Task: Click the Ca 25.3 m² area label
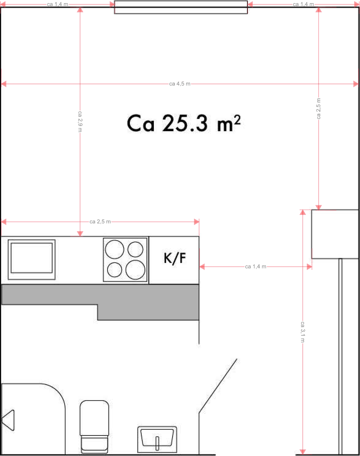coord(184,123)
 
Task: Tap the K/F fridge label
coord(175,258)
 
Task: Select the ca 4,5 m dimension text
coord(180,84)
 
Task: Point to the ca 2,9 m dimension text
coord(80,122)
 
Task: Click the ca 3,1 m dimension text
coord(303,332)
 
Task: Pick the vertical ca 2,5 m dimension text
coord(319,109)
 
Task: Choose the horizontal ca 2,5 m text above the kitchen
coord(100,222)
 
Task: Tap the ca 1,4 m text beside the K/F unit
coord(256,266)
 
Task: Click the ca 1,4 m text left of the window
coord(58,4)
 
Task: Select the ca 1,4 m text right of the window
coord(303,4)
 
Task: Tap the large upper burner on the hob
coord(115,249)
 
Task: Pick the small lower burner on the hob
coord(115,270)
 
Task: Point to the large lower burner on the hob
coord(135,270)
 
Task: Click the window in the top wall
coord(181,7)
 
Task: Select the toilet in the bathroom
coord(94,427)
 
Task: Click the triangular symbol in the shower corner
coord(8,420)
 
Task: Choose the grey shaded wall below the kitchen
coord(149,302)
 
